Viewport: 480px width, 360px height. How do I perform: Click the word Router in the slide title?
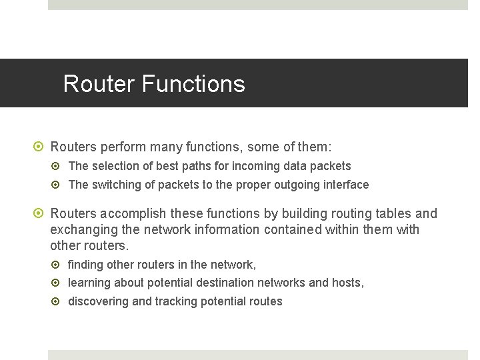pyautogui.click(x=99, y=84)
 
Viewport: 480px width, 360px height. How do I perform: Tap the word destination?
pyautogui.click(x=226, y=283)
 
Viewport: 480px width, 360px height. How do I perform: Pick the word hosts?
pyautogui.click(x=347, y=283)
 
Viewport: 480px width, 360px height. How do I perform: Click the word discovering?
pyautogui.click(x=98, y=301)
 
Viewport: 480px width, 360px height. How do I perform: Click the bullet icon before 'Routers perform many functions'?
pyautogui.click(x=39, y=146)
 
